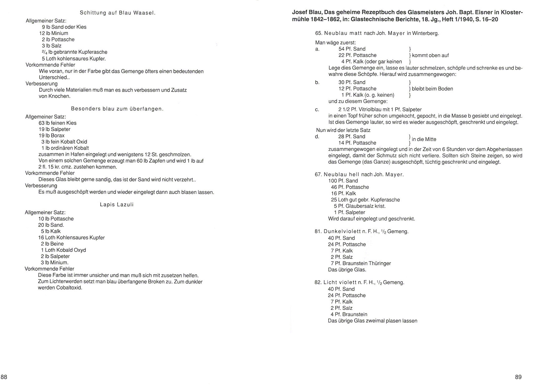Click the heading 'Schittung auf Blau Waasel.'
pyautogui.click(x=118, y=13)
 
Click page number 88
pyautogui.click(x=4, y=377)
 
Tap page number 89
pyautogui.click(x=518, y=377)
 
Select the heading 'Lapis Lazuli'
pyautogui.click(x=117, y=205)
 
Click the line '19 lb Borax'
pyautogui.click(x=51, y=135)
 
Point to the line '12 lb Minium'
pyautogui.click(x=54, y=33)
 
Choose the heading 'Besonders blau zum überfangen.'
pyautogui.click(x=117, y=109)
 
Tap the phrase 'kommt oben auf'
pyautogui.click(x=430, y=55)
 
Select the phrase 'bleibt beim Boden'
pyautogui.click(x=432, y=89)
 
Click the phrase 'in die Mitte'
pyautogui.click(x=424, y=140)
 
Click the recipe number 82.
pyautogui.click(x=318, y=282)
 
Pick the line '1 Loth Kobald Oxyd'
pyautogui.click(x=63, y=250)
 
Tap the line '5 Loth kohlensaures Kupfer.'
pyautogui.click(x=74, y=58)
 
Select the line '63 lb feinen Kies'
pyautogui.click(x=57, y=123)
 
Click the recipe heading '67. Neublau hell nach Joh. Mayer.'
pyautogui.click(x=359, y=174)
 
